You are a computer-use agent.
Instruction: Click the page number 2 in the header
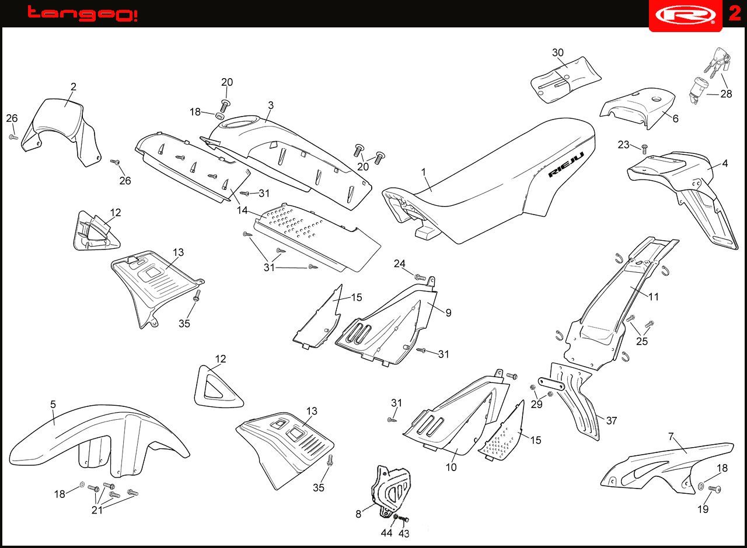(734, 13)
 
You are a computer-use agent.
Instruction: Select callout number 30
(558, 52)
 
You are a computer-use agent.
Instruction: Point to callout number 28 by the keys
(726, 93)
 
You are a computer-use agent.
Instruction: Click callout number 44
(387, 533)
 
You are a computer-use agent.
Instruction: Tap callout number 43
(404, 533)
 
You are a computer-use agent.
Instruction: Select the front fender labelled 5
(99, 443)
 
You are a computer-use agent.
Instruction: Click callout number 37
(612, 420)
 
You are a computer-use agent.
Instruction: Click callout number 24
(399, 264)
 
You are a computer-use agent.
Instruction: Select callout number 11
(654, 297)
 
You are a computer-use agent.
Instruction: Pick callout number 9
(448, 313)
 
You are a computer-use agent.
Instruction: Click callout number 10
(451, 467)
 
